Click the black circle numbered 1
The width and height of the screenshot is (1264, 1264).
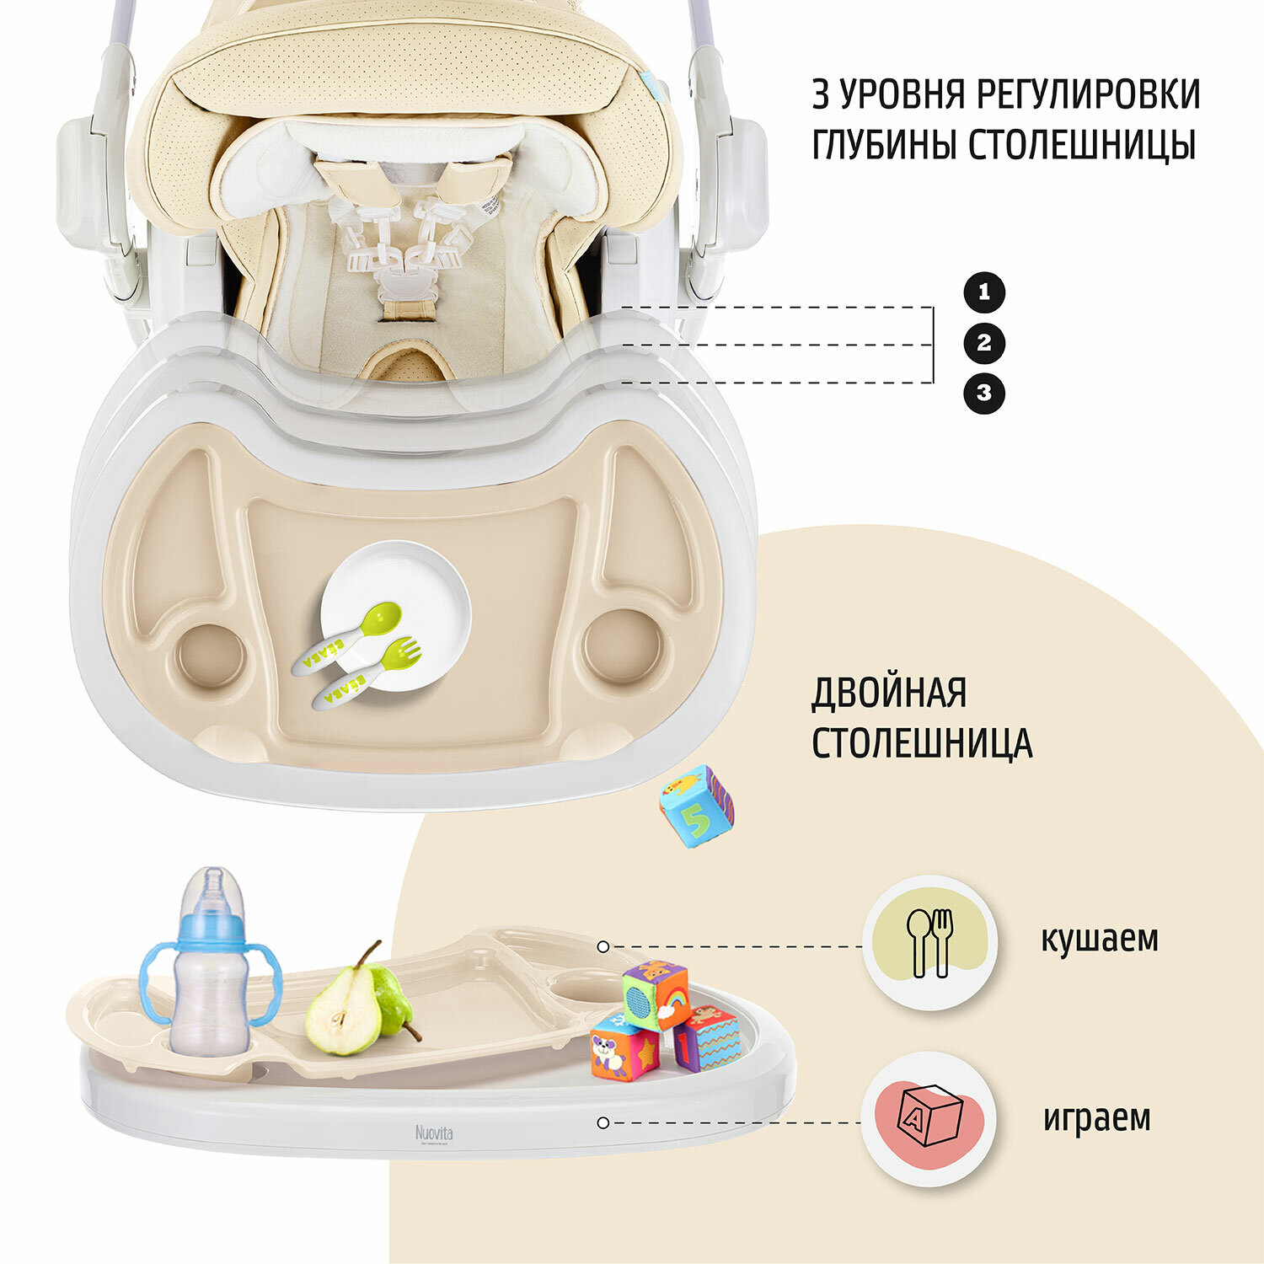click(x=983, y=293)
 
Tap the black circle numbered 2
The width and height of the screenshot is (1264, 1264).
click(x=983, y=343)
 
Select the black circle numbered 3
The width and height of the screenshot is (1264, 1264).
click(x=983, y=393)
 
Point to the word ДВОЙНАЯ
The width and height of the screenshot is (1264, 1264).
click(x=888, y=694)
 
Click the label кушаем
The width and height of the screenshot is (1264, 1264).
click(x=1099, y=939)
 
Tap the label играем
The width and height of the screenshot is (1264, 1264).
click(x=1096, y=1118)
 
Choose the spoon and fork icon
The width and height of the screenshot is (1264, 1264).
click(x=929, y=942)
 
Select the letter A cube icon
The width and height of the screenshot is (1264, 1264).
click(x=929, y=1118)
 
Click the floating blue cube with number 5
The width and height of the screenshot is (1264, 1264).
click(x=696, y=806)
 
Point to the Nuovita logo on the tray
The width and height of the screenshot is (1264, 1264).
click(x=433, y=1133)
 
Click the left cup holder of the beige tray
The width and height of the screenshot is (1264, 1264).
click(x=211, y=656)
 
